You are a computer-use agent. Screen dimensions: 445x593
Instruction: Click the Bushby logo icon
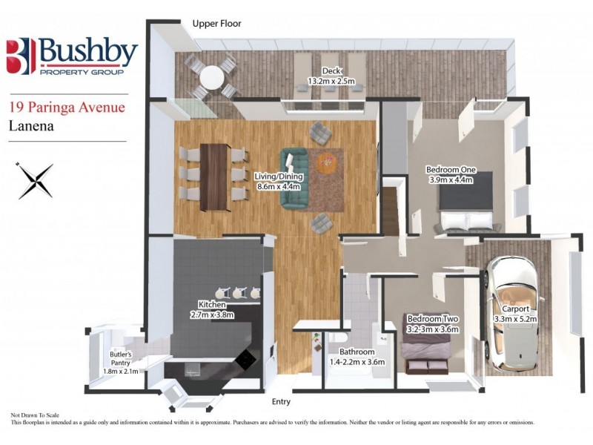tap(21, 55)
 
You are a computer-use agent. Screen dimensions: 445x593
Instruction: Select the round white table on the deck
tap(213, 76)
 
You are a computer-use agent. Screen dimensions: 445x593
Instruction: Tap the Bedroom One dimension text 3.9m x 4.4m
tap(450, 179)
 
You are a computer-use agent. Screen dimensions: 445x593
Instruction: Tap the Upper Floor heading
tap(216, 24)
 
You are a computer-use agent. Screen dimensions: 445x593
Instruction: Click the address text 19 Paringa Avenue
tap(67, 106)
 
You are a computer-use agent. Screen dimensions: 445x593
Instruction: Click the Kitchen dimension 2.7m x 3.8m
tap(211, 314)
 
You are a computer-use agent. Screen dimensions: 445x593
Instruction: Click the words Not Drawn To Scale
tap(34, 415)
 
